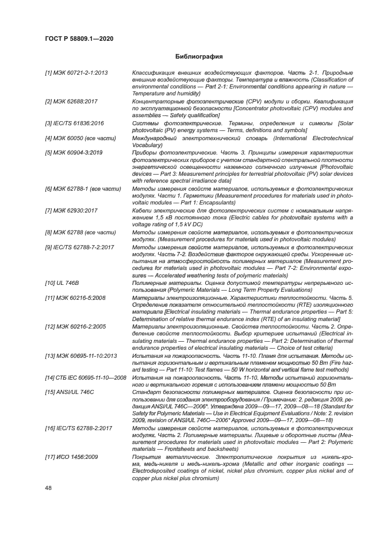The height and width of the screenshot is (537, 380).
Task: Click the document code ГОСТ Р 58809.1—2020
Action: (79, 38)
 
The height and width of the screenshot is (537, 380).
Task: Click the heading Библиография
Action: (199, 57)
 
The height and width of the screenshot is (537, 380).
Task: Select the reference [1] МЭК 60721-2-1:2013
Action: (76, 73)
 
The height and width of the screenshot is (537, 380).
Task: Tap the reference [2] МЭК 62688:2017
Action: (71, 101)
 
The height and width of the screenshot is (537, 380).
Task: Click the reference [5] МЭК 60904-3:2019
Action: (74, 152)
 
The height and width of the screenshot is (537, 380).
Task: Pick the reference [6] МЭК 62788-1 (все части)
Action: (83, 188)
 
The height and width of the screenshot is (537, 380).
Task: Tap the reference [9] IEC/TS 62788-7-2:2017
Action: (79, 246)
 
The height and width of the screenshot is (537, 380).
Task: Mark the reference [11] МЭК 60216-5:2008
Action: (75, 298)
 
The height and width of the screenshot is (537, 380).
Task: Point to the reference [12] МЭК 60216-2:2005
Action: (75, 326)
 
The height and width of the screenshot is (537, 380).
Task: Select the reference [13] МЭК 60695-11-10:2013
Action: (80, 356)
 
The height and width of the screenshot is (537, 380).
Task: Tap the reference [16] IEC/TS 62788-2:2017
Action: (78, 428)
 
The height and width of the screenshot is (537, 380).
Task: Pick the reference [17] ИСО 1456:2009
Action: (72, 457)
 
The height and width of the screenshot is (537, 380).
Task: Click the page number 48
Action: (48, 488)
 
